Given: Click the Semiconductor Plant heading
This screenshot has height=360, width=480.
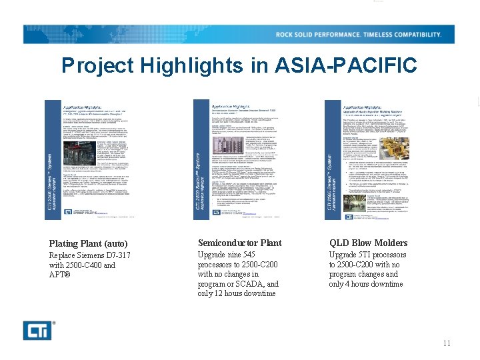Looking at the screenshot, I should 239,243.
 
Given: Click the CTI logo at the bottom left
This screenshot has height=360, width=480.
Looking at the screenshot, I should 39,329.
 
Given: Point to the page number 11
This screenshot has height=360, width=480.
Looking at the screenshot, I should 447,343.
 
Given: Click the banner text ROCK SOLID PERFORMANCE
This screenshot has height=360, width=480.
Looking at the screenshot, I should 320,35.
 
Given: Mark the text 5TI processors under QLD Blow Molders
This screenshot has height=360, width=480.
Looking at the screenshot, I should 378,255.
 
